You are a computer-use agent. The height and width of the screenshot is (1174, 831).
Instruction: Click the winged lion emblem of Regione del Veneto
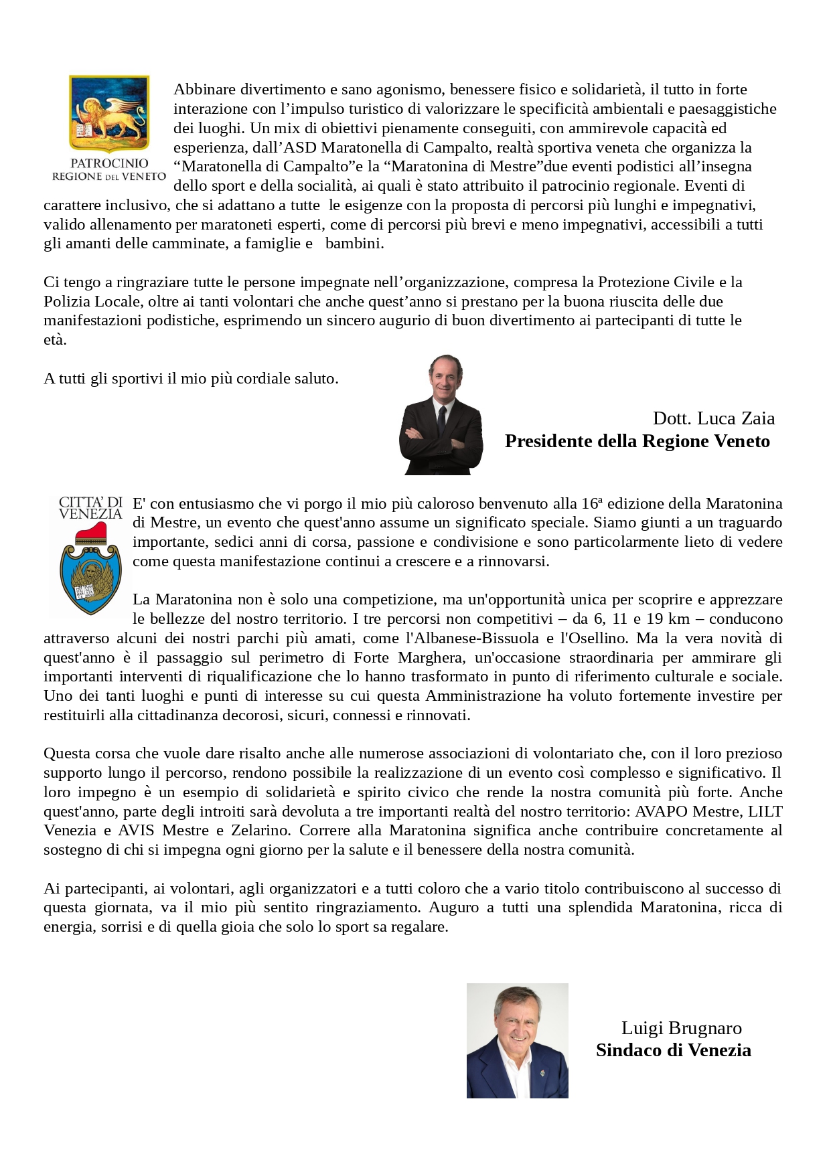pyautogui.click(x=109, y=114)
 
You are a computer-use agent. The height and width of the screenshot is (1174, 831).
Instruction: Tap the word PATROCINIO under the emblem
pyautogui.click(x=109, y=163)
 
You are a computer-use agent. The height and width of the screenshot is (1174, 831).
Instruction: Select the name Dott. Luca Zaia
pyautogui.click(x=714, y=418)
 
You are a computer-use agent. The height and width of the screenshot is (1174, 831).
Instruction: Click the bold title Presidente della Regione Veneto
pyautogui.click(x=637, y=441)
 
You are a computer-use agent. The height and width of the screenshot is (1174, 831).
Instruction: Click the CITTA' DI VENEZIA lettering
pyautogui.click(x=90, y=508)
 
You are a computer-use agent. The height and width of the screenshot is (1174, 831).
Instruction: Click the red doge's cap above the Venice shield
pyautogui.click(x=90, y=533)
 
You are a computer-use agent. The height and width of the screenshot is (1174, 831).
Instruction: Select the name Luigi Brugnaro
pyautogui.click(x=681, y=1028)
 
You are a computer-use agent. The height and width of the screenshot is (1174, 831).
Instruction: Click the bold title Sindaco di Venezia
pyautogui.click(x=673, y=1050)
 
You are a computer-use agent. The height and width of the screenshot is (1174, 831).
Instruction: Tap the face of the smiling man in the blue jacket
pyautogui.click(x=516, y=1020)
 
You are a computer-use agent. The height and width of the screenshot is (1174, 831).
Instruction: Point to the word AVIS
pyautogui.click(x=137, y=831)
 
